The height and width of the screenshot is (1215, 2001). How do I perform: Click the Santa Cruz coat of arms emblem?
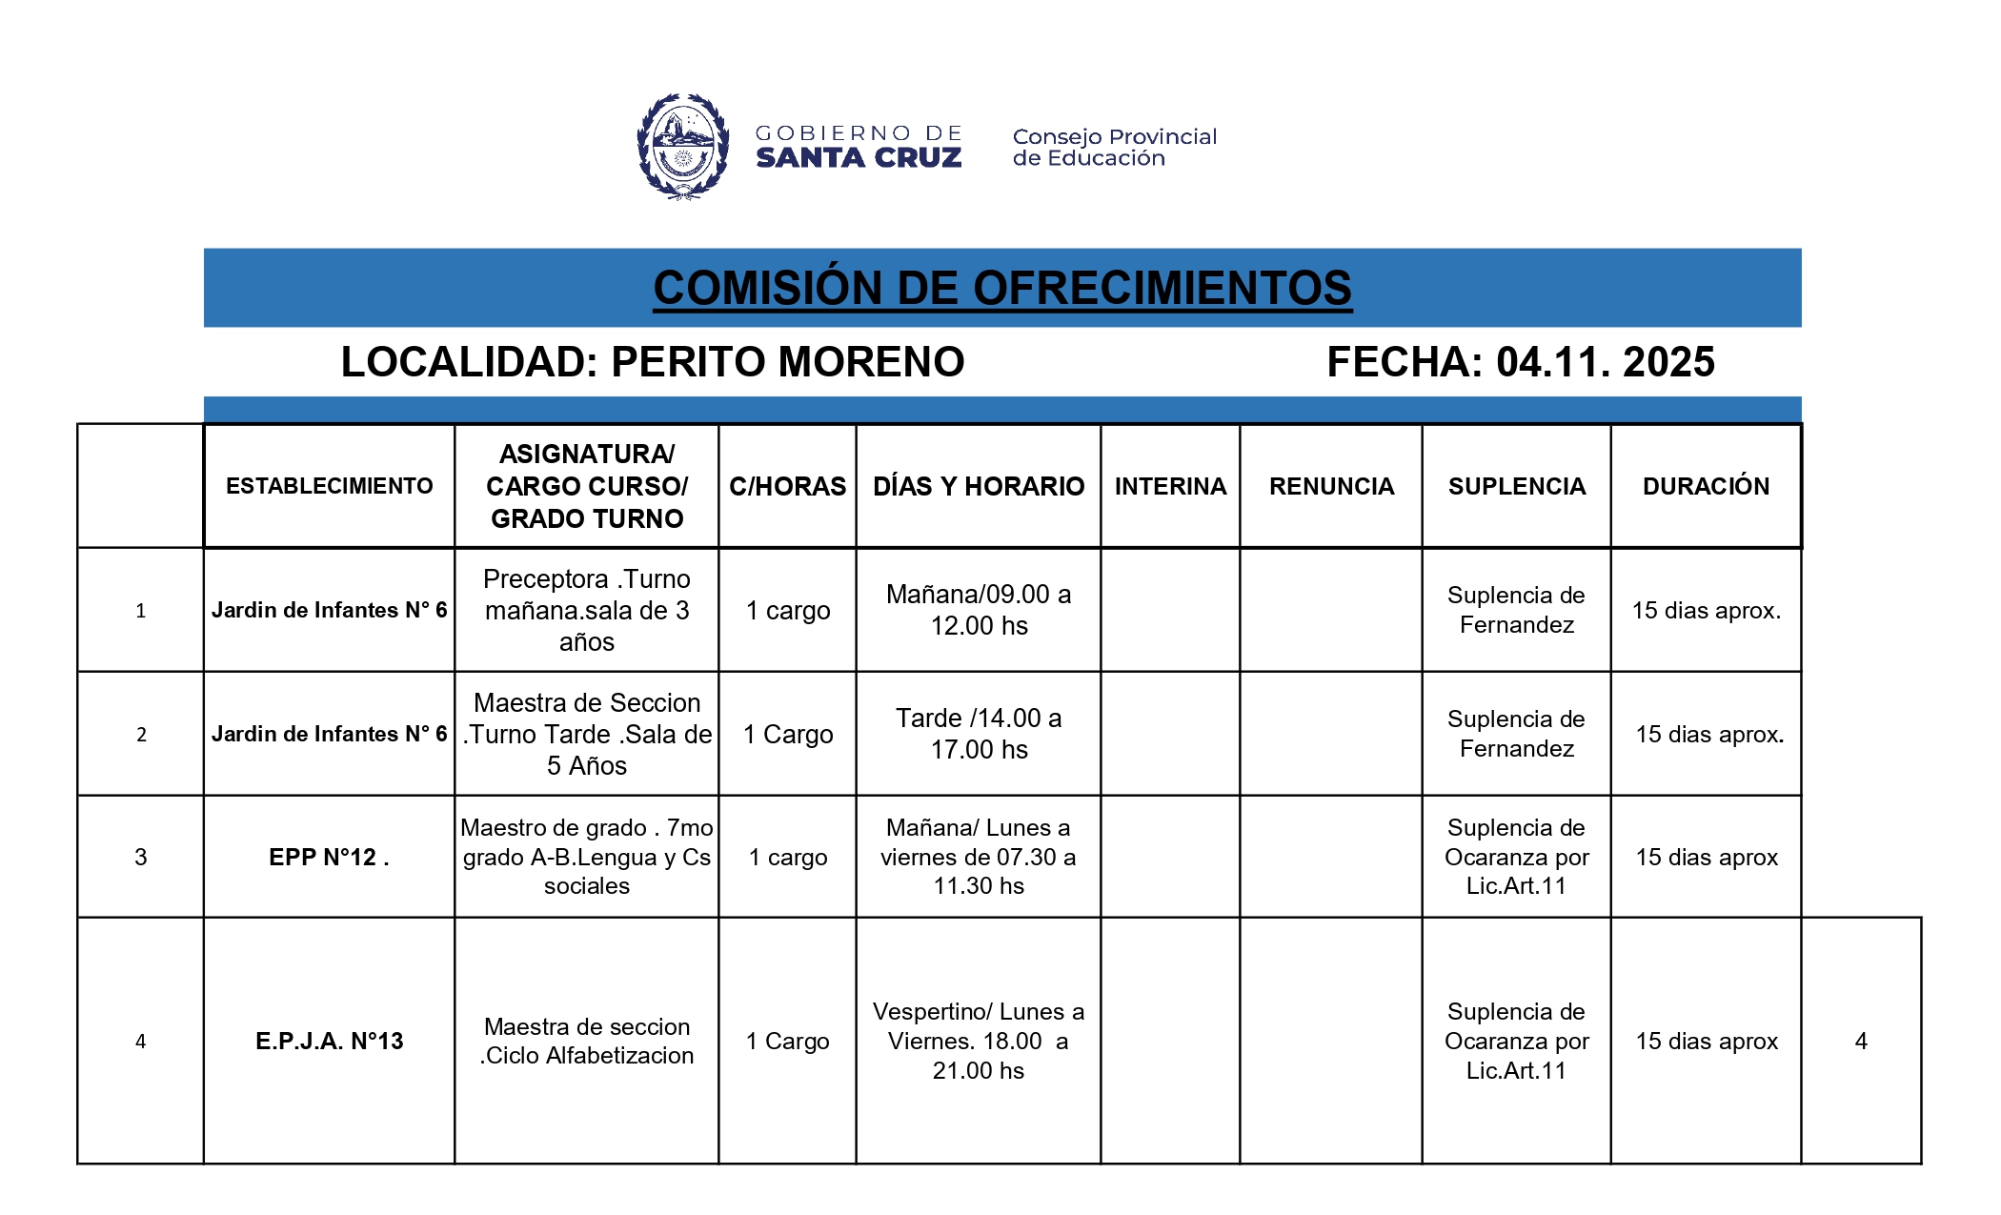click(x=682, y=146)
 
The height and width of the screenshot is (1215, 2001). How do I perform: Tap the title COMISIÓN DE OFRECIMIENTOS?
click(x=1001, y=288)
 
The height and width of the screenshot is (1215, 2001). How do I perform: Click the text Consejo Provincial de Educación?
click(x=1114, y=148)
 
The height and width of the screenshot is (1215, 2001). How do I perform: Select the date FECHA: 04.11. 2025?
click(x=1520, y=362)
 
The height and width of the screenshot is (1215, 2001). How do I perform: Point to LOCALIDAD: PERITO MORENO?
click(x=653, y=362)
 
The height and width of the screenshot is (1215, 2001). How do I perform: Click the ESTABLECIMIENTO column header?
click(x=329, y=486)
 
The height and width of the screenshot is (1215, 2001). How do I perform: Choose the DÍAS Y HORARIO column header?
click(x=978, y=486)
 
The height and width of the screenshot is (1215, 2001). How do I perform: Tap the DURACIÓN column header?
click(x=1705, y=486)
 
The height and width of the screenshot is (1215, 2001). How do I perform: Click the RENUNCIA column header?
click(x=1330, y=486)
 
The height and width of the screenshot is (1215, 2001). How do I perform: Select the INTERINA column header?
click(x=1170, y=486)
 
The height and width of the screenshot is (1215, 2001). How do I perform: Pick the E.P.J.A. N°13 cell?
click(x=329, y=1041)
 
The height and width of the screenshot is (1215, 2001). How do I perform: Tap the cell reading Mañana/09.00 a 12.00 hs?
click(x=978, y=610)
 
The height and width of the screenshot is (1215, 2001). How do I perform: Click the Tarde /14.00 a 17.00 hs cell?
click(x=978, y=734)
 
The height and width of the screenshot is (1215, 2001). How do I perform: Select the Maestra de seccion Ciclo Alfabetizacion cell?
click(x=586, y=1041)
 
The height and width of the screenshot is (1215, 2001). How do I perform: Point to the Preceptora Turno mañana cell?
click(x=586, y=610)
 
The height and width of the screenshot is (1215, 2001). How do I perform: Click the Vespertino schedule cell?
click(x=978, y=1041)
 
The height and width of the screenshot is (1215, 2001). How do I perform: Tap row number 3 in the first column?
click(x=141, y=857)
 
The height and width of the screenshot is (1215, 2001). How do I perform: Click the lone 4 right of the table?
click(x=1860, y=1041)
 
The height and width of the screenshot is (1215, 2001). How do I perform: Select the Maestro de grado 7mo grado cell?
click(x=586, y=857)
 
